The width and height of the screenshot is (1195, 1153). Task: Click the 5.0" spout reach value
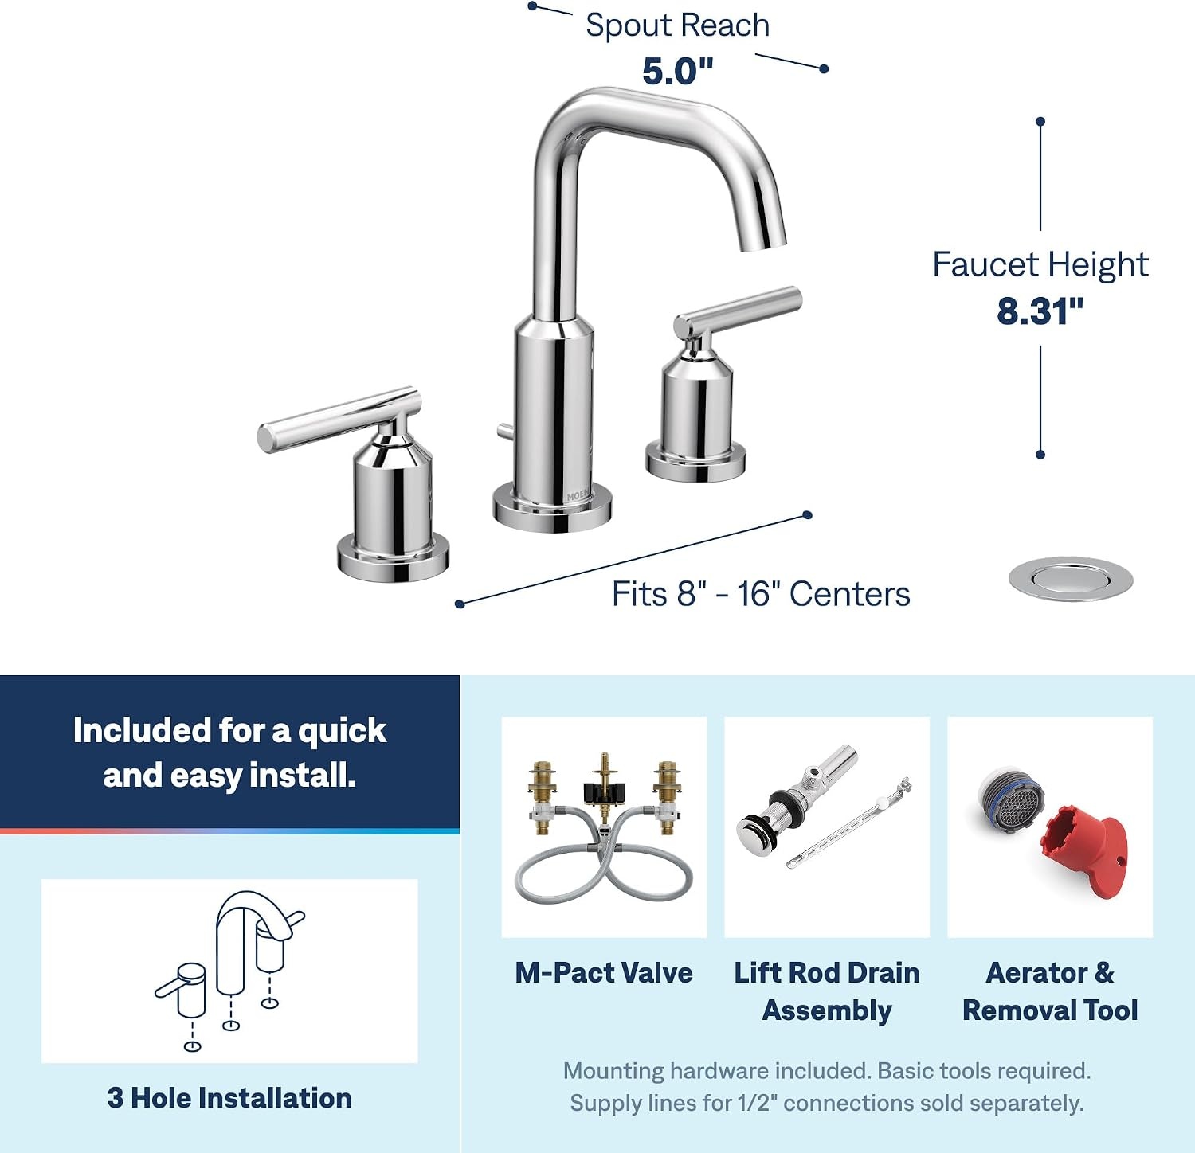pos(678,72)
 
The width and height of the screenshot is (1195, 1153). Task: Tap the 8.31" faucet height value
pos(1040,311)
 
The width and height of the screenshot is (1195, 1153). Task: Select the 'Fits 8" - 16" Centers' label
pos(761,594)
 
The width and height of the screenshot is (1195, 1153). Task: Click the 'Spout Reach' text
pos(678,25)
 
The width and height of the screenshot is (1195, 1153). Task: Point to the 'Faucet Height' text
pos(1040,265)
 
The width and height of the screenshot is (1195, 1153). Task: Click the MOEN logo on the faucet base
pos(578,495)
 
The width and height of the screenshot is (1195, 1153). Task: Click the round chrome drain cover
pos(1071,579)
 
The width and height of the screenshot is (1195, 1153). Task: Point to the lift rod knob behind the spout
pos(504,431)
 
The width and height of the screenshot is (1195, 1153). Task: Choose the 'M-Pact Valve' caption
pos(604,973)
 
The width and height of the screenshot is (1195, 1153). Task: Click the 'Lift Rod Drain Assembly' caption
pos(827,991)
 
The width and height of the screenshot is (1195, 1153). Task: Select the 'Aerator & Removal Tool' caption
pos(1050,991)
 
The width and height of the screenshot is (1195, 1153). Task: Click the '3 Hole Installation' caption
pos(229,1098)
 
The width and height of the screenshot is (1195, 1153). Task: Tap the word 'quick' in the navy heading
pos(342,732)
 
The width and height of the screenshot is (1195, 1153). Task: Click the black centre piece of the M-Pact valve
pos(605,794)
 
